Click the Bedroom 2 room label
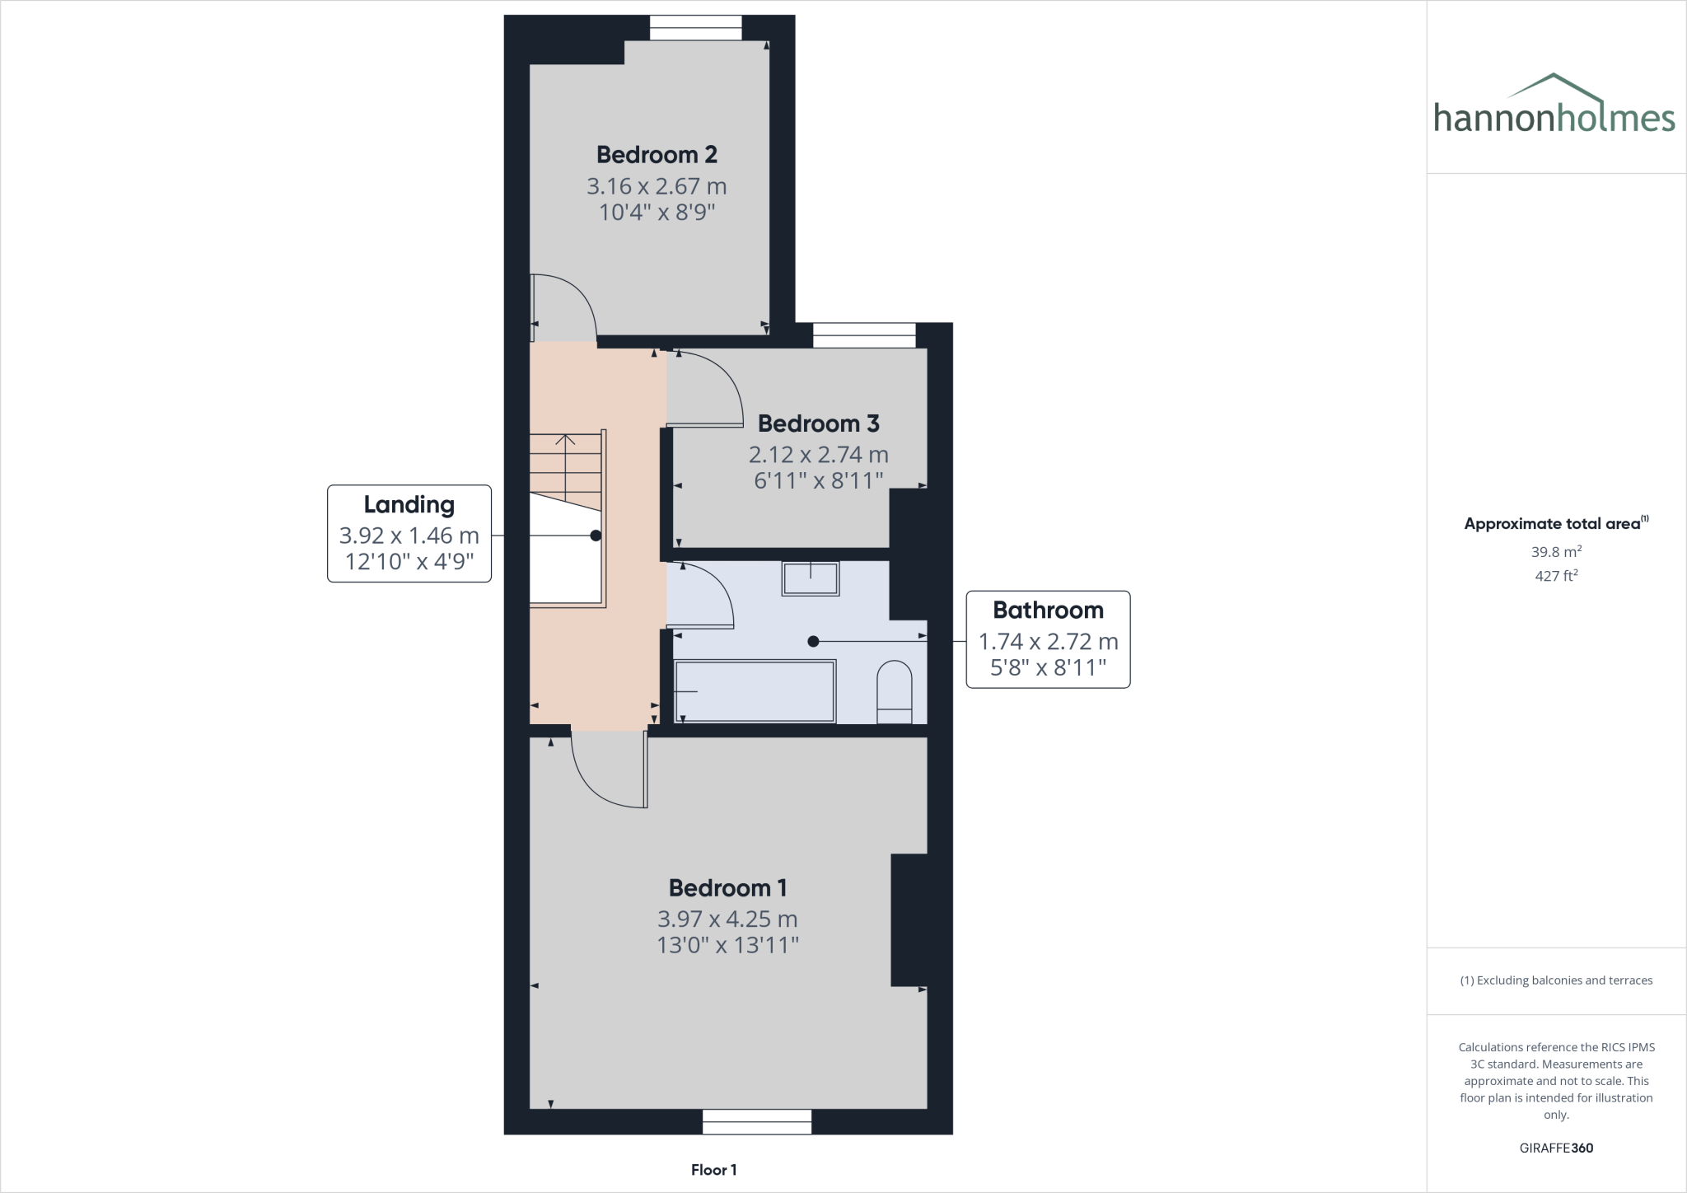click(x=657, y=154)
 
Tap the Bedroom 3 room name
click(x=818, y=423)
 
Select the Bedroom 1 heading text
click(x=727, y=887)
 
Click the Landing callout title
click(x=409, y=504)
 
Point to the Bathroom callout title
click(x=1048, y=610)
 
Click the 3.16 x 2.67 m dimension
click(x=657, y=186)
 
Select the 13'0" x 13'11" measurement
click(x=727, y=944)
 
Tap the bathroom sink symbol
click(x=811, y=578)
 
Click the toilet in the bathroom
click(x=895, y=692)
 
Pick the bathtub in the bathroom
click(x=755, y=690)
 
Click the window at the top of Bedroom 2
click(x=696, y=28)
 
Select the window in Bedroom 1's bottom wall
click(x=757, y=1121)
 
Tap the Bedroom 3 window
click(x=864, y=335)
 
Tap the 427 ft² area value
click(x=1556, y=576)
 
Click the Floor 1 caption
click(x=714, y=1169)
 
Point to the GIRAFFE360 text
click(x=1557, y=1148)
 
